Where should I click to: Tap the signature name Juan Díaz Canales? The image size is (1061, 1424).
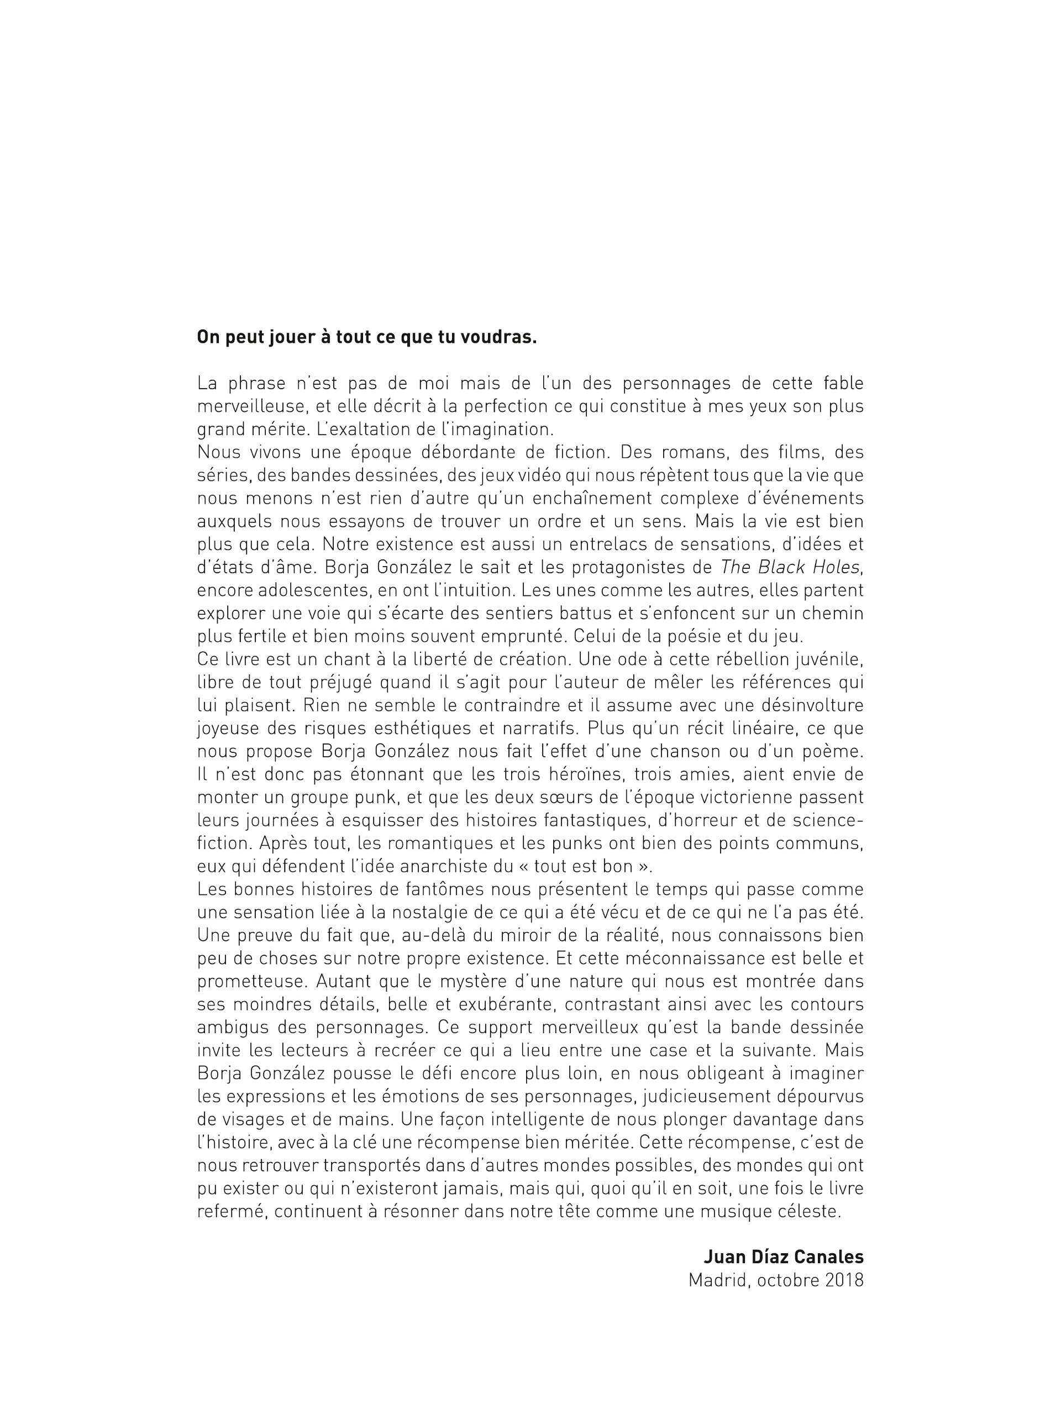[x=784, y=1257]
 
